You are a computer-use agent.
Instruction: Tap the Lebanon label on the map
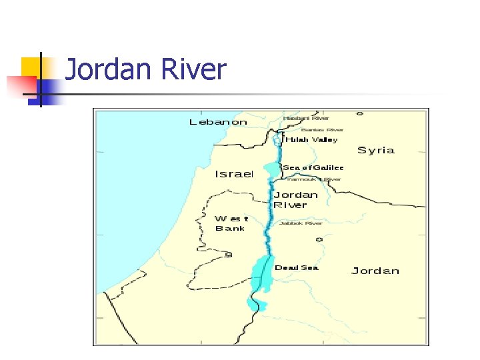(x=218, y=122)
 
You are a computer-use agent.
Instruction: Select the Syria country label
(x=376, y=150)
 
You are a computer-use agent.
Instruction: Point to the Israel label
(x=234, y=174)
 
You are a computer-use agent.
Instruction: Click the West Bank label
(x=231, y=223)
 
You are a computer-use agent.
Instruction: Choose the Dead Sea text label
(x=297, y=268)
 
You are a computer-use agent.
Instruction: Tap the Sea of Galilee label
(x=313, y=168)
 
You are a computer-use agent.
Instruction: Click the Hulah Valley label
(x=311, y=140)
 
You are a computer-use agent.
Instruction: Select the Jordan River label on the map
(x=296, y=200)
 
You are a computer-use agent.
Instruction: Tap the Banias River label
(x=322, y=130)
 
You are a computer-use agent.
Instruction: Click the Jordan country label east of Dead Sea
(x=375, y=271)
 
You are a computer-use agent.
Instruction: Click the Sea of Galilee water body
(x=272, y=170)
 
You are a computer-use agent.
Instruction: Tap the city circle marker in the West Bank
(x=229, y=255)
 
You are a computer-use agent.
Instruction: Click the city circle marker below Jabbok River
(x=319, y=239)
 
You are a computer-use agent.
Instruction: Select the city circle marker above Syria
(x=360, y=114)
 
